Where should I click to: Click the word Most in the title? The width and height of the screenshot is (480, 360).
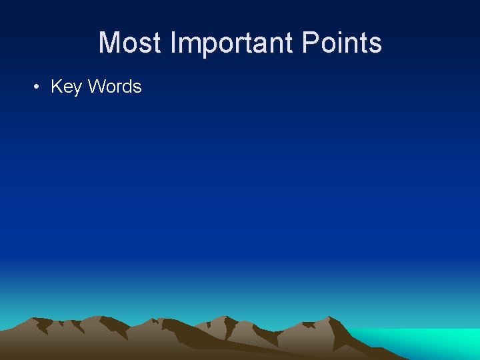[x=130, y=43]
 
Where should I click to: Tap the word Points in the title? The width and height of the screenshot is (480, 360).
[x=341, y=43]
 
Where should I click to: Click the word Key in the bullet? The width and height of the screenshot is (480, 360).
[x=66, y=87]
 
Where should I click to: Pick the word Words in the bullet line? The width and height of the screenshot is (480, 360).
[x=115, y=87]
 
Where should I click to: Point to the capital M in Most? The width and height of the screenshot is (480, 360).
[x=109, y=43]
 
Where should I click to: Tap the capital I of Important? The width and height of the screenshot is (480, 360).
[x=173, y=43]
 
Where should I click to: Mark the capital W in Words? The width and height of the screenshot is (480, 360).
[x=96, y=87]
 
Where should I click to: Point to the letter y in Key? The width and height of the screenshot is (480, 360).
[x=77, y=88]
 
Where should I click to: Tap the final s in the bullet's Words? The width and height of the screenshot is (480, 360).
[x=137, y=87]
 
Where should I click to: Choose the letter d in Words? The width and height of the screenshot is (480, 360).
[x=127, y=87]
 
